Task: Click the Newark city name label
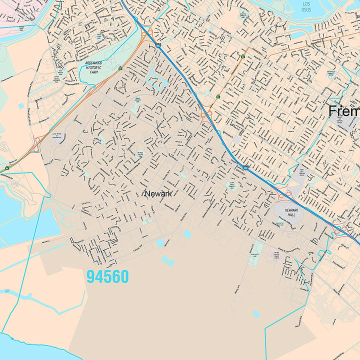(x=158, y=193)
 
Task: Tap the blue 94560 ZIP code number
(x=107, y=276)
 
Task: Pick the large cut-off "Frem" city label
(x=344, y=111)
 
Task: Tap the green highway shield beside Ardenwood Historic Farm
(x=120, y=68)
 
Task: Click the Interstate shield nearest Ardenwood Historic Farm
(x=158, y=45)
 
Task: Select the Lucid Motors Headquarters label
(x=57, y=136)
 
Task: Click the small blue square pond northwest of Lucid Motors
(x=21, y=106)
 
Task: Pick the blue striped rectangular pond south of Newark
(x=167, y=260)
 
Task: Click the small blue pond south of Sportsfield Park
(x=256, y=314)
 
